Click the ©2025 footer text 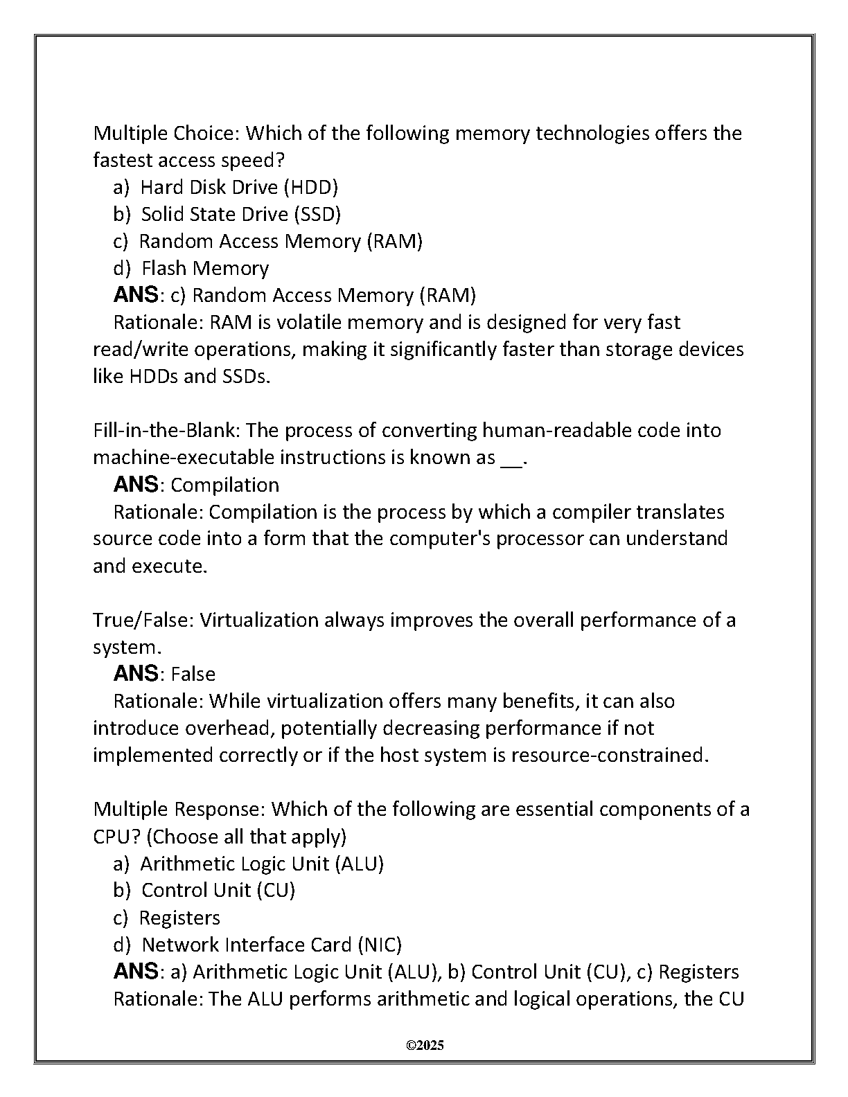pos(424,1045)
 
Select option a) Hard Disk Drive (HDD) pos(226,187)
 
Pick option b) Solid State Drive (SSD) pos(227,214)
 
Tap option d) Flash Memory pos(191,268)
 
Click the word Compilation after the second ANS pos(225,485)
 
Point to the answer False pos(193,674)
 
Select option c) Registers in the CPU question pos(166,918)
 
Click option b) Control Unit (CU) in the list pos(204,890)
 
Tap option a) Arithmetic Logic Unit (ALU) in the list pos(248,864)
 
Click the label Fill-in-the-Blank pos(166,430)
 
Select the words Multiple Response pos(179,809)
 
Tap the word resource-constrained pos(609,755)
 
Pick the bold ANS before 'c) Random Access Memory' pos(136,295)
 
